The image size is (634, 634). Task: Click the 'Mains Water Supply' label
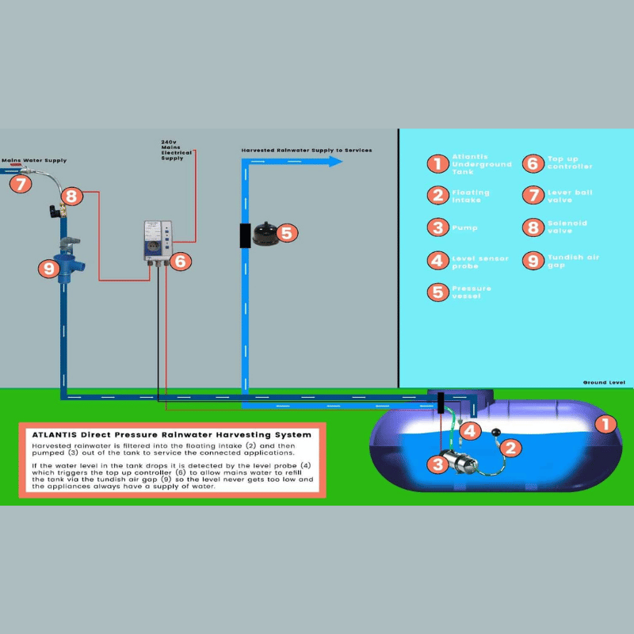pyautogui.click(x=34, y=160)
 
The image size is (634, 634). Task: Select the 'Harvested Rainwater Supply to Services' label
pyautogui.click(x=307, y=150)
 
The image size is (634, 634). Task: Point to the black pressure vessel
pyautogui.click(x=263, y=232)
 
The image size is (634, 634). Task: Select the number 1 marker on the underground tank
pyautogui.click(x=605, y=424)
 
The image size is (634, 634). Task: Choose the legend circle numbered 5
pyautogui.click(x=437, y=292)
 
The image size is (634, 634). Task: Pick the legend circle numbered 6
pyautogui.click(x=533, y=163)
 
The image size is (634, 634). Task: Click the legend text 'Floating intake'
pyautogui.click(x=471, y=196)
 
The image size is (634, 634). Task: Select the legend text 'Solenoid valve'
pyautogui.click(x=567, y=227)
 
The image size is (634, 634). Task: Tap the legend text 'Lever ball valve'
pyautogui.click(x=569, y=196)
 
